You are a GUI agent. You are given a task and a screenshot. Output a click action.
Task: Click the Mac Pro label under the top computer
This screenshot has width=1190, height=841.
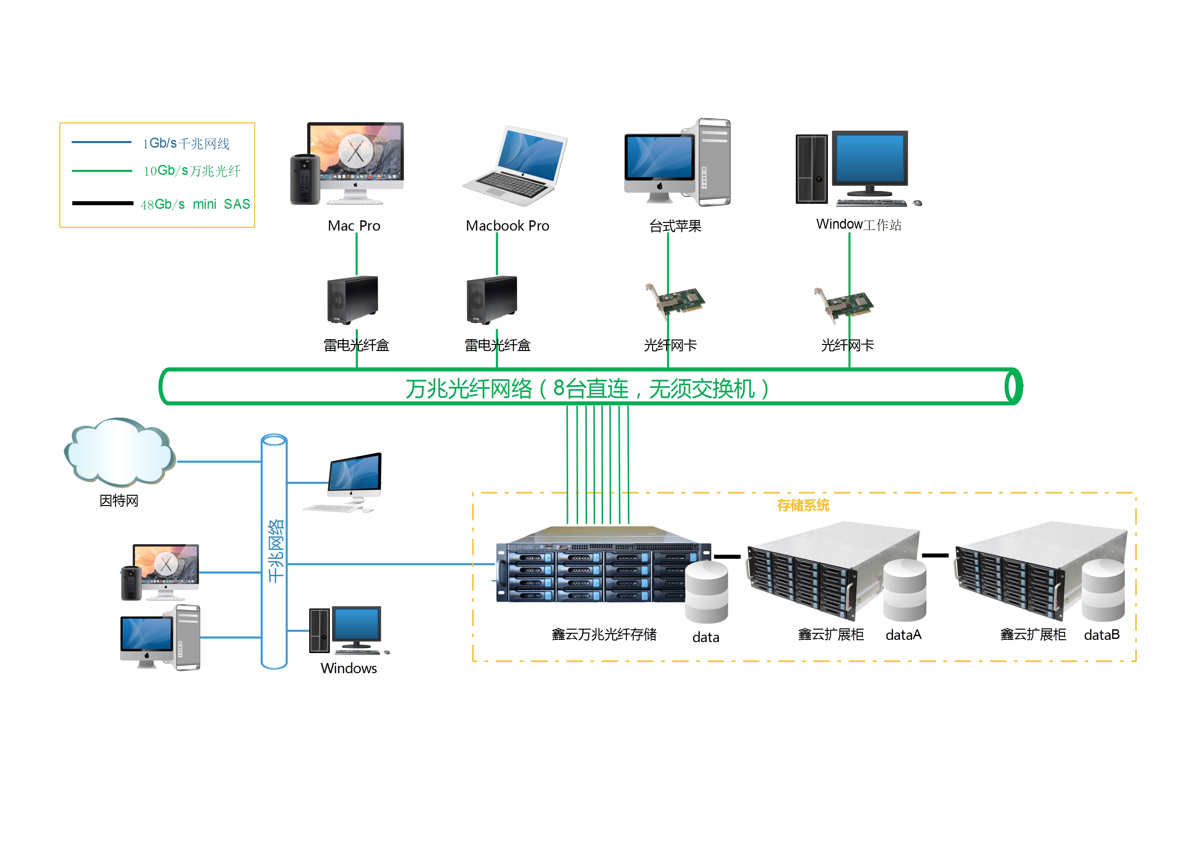[354, 226]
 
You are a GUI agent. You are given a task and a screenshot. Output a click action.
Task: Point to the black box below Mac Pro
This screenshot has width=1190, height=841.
[353, 300]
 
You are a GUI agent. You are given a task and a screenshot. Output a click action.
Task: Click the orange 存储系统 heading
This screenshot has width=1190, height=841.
[803, 505]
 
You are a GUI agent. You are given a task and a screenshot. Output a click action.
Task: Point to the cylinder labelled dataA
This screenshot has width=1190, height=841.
[904, 590]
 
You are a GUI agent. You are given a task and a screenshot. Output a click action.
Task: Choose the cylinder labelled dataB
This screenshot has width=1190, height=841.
[1103, 590]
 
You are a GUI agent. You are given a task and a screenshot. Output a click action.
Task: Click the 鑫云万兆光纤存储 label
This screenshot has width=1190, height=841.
[604, 634]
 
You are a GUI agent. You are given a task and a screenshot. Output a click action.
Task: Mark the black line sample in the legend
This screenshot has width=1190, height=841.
[103, 203]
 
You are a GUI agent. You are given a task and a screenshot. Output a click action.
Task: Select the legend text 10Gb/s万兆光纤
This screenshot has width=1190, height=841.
[192, 171]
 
